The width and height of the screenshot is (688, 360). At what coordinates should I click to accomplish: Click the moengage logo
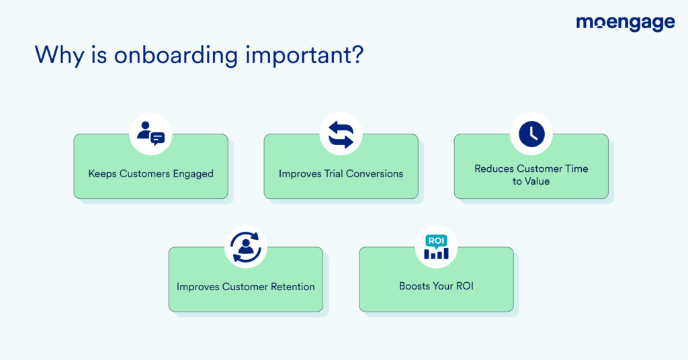click(x=625, y=23)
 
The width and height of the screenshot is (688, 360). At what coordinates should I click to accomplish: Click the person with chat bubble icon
click(x=150, y=134)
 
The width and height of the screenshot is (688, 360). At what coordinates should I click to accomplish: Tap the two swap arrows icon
click(x=341, y=134)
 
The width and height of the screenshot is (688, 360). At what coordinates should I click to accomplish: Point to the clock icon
click(x=531, y=134)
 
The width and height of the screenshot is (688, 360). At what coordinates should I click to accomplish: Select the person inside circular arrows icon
click(x=245, y=247)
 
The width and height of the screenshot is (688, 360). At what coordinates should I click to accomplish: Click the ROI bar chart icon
click(x=435, y=247)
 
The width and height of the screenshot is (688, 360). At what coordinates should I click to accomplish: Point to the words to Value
click(x=531, y=181)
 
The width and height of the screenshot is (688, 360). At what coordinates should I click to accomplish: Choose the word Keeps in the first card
click(x=102, y=174)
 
